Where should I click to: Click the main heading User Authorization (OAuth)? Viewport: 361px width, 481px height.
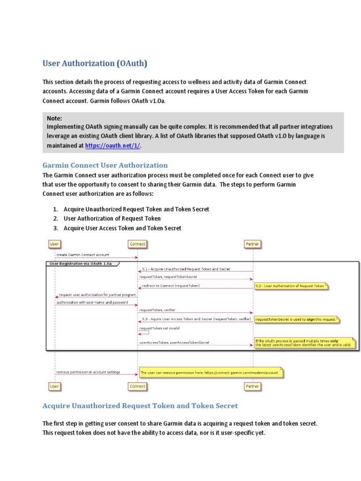pos(95,63)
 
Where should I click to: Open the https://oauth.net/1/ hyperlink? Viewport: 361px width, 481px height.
pos(113,146)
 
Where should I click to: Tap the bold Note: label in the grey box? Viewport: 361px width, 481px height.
pos(55,118)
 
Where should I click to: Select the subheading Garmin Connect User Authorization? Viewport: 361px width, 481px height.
pos(105,165)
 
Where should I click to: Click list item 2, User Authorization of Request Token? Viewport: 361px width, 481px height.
pos(112,218)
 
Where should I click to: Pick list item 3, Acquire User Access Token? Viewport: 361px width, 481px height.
pos(122,228)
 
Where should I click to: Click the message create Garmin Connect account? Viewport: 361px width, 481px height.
pos(83,255)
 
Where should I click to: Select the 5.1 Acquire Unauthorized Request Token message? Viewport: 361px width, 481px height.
pos(186,269)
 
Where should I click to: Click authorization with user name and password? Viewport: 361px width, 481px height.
pos(92,303)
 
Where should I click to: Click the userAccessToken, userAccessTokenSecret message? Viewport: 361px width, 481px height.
pos(174,342)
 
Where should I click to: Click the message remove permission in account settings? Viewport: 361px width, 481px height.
pos(88,372)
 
